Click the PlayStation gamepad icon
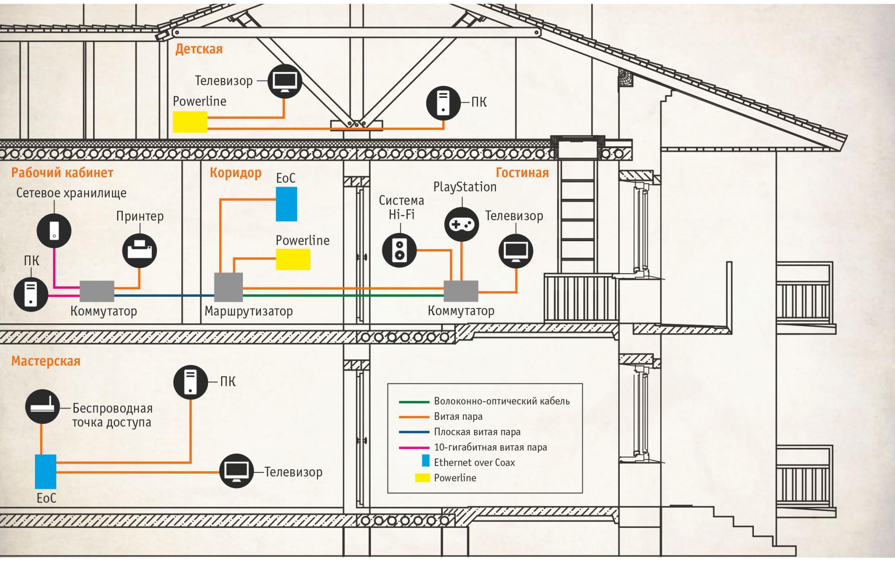click(x=461, y=224)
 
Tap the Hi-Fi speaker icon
click(x=399, y=250)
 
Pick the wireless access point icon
click(x=42, y=407)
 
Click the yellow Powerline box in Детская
click(x=190, y=122)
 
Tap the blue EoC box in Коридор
click(x=286, y=204)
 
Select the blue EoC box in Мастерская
click(x=45, y=472)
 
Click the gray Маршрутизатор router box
click(x=228, y=287)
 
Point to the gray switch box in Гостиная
click(x=461, y=291)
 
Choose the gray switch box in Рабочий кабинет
click(x=97, y=291)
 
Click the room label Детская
click(x=199, y=49)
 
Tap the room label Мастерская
click(x=46, y=361)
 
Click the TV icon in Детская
click(x=284, y=81)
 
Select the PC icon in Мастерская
click(x=191, y=382)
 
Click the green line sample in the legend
click(x=414, y=402)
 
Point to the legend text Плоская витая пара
click(x=477, y=432)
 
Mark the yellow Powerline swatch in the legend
click(x=422, y=478)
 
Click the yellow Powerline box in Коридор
click(x=293, y=260)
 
